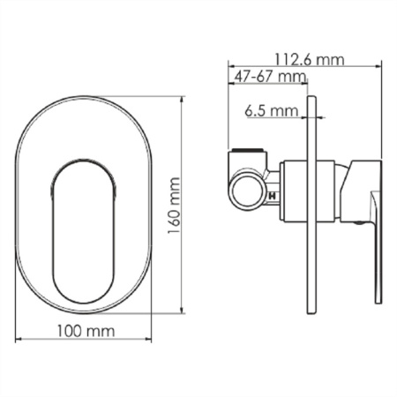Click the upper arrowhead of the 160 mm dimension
click(x=183, y=100)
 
